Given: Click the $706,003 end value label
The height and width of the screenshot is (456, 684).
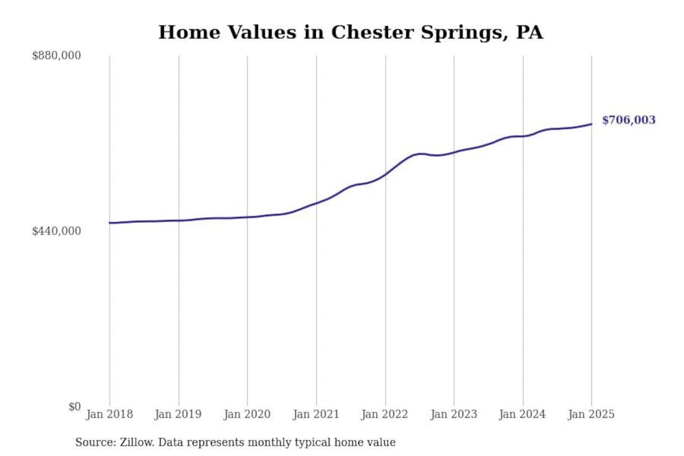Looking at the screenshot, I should (x=628, y=120).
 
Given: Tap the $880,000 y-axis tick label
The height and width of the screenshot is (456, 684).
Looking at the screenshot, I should (x=56, y=56).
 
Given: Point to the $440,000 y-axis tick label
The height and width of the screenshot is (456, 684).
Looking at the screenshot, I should (x=56, y=231).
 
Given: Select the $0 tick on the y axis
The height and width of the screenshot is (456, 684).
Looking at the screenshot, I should (x=74, y=407).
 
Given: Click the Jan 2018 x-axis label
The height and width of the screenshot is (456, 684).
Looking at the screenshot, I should (x=109, y=414).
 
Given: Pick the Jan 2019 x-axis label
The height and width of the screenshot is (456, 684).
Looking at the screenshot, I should (x=178, y=414).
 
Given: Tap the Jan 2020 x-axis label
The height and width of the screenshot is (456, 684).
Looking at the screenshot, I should (x=247, y=414).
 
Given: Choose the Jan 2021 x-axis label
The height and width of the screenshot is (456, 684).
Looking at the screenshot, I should (x=316, y=414).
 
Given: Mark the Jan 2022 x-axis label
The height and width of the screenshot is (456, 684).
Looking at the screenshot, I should (x=385, y=414).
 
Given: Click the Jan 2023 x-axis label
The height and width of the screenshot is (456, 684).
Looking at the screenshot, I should (x=454, y=414).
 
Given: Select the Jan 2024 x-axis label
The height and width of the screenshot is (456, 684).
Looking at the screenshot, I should (x=522, y=414).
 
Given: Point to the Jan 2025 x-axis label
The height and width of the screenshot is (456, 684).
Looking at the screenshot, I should (x=591, y=414).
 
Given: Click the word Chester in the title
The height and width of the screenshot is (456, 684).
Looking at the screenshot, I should (x=372, y=32).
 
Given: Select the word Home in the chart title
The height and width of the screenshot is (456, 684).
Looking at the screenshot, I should (x=189, y=32).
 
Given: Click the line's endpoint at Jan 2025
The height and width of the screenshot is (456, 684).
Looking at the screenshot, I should (x=591, y=124).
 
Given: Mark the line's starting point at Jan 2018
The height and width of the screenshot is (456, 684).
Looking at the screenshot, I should (x=110, y=223).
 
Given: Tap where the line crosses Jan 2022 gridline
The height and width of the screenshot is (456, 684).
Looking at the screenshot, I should (x=385, y=174).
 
